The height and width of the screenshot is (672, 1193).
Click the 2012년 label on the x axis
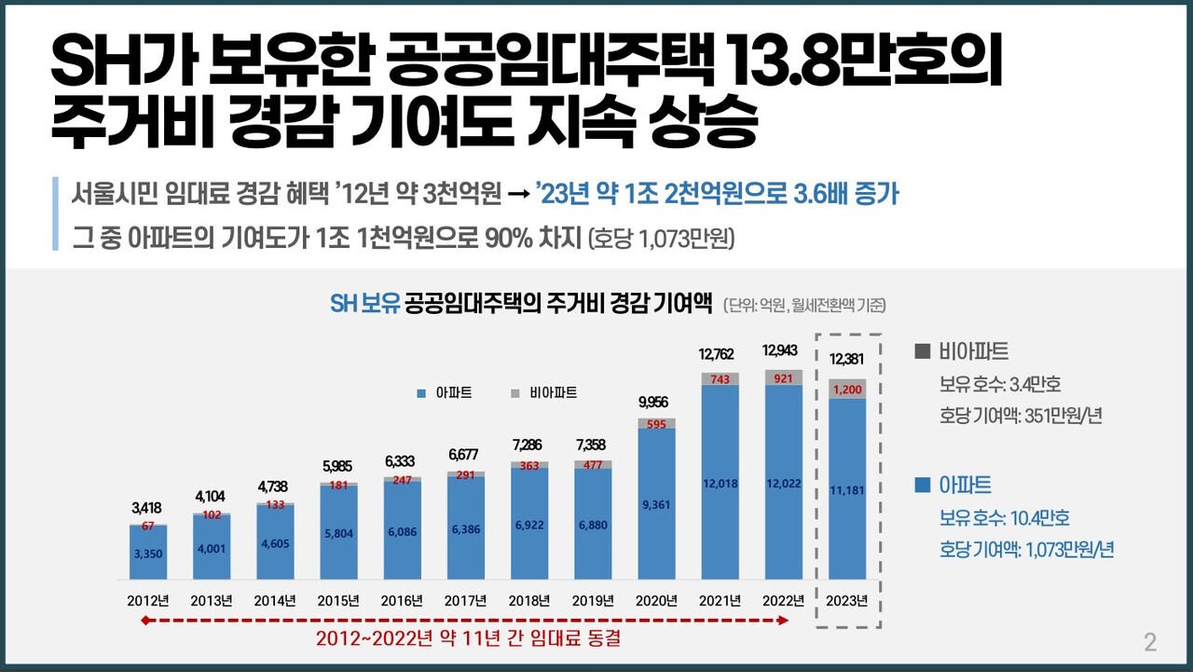point(148,599)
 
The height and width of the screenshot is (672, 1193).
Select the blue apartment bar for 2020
point(657,503)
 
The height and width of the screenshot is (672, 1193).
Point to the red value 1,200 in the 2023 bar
point(847,389)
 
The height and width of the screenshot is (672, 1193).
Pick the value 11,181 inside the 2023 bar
point(847,489)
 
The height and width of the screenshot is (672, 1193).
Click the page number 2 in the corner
point(1150,642)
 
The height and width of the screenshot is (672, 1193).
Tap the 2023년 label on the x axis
point(847,599)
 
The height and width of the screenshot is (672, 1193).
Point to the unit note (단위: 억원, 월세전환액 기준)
point(803,305)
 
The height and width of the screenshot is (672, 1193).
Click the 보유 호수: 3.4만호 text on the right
point(1000,385)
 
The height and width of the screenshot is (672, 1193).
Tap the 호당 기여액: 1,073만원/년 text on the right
point(1026,549)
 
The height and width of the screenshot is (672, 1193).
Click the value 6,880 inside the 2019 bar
point(594,526)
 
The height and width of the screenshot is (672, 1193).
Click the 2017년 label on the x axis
point(466,599)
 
